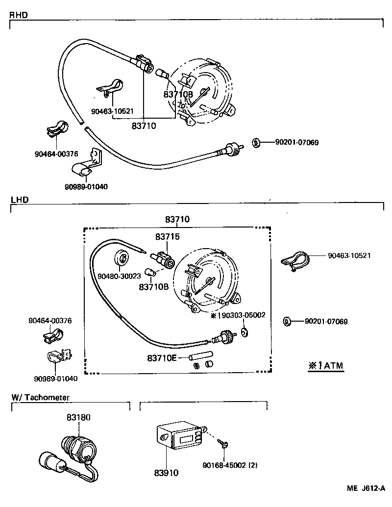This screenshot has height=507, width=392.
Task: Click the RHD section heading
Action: [19, 15]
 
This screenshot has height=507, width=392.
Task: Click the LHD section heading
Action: [19, 200]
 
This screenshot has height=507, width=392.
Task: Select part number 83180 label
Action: [78, 417]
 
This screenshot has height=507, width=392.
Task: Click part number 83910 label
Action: [167, 473]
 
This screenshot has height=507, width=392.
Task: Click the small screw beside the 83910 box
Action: [223, 444]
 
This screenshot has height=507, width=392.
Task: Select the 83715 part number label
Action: [168, 237]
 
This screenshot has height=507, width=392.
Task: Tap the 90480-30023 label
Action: [119, 277]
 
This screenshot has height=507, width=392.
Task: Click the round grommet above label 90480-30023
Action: [122, 258]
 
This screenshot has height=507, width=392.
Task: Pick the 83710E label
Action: [161, 358]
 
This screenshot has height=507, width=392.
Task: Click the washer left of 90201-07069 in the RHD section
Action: [256, 143]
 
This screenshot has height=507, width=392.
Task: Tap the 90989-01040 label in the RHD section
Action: [86, 186]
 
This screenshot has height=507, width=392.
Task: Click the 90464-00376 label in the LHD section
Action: [50, 321]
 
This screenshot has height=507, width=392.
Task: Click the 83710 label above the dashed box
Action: [177, 220]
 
